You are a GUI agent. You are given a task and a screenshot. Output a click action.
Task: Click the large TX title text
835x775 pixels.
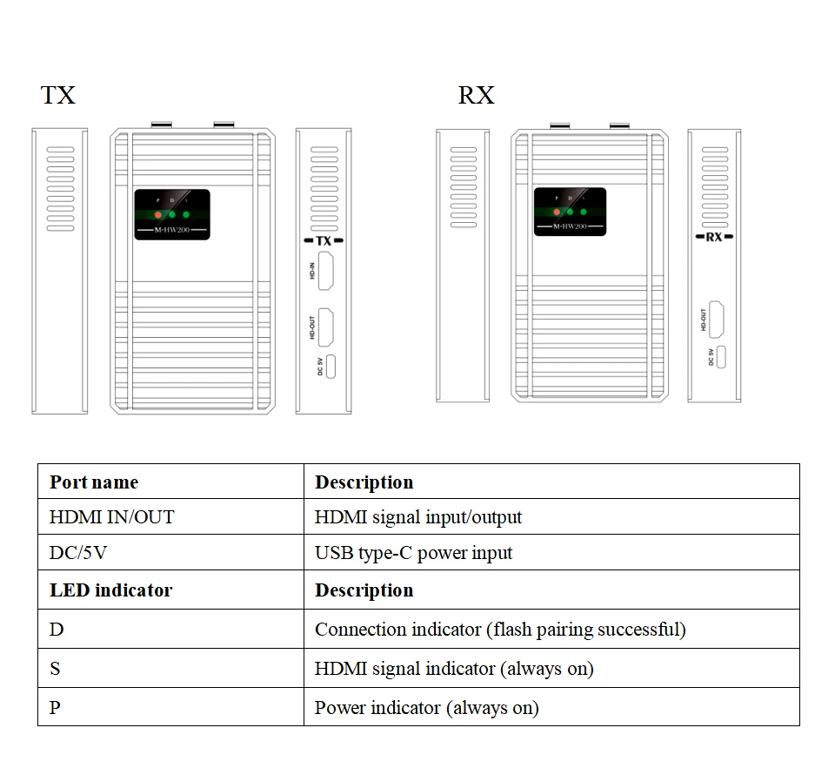click(58, 95)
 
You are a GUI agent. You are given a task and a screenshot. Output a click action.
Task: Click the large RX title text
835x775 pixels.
click(476, 95)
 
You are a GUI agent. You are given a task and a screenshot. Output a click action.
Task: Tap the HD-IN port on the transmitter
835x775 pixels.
click(327, 271)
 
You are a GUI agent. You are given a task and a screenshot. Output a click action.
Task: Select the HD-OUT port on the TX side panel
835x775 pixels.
click(327, 327)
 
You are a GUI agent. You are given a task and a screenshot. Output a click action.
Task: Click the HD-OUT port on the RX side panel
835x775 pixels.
click(718, 319)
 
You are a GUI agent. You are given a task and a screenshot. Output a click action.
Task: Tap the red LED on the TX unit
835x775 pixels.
click(157, 214)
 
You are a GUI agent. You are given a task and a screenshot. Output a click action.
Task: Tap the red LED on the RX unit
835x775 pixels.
click(557, 212)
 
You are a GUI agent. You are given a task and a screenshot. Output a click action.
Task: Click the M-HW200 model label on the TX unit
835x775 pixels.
click(172, 230)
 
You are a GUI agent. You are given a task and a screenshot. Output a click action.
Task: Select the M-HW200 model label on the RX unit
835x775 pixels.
click(571, 226)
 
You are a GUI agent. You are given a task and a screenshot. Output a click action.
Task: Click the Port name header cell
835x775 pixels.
click(94, 482)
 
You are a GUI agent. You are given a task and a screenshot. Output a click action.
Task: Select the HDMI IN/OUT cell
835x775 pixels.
click(111, 517)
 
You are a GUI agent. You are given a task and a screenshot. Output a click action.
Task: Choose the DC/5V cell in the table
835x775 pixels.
click(77, 553)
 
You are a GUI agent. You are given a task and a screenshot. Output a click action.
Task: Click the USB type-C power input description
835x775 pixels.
click(413, 553)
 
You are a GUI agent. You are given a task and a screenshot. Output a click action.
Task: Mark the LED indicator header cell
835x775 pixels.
click(110, 590)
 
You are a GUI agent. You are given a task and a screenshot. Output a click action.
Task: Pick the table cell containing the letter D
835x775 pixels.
click(57, 629)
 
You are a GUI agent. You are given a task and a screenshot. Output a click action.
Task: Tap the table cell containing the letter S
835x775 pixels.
click(56, 668)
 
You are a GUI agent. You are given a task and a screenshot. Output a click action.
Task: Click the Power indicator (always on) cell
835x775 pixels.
click(426, 707)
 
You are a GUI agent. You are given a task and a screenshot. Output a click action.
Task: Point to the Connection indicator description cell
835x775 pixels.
click(500, 629)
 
